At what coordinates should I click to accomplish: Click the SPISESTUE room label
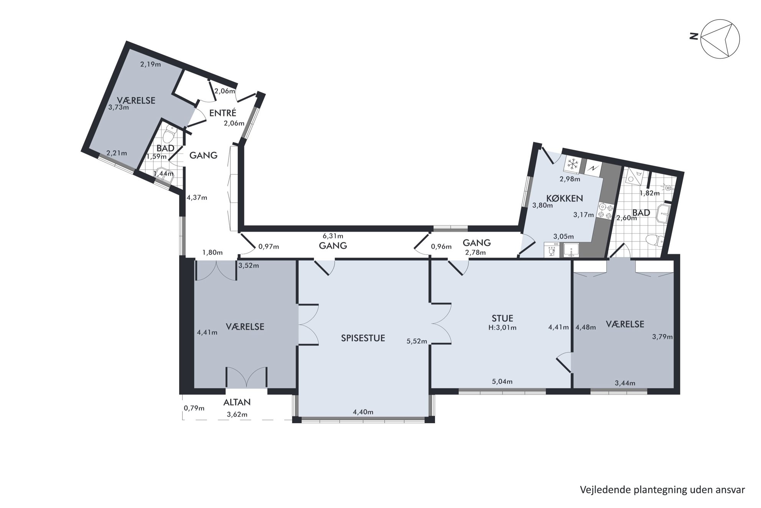pyautogui.click(x=363, y=338)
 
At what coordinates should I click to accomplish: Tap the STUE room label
pyautogui.click(x=502, y=318)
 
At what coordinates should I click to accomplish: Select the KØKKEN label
pyautogui.click(x=564, y=198)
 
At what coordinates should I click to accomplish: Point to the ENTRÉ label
pyautogui.click(x=222, y=113)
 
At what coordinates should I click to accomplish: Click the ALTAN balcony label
pyautogui.click(x=237, y=402)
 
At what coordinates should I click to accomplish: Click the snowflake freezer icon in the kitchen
pyautogui.click(x=573, y=164)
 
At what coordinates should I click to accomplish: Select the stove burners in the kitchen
pyautogui.click(x=605, y=211)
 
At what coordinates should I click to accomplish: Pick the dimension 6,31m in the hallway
pyautogui.click(x=333, y=236)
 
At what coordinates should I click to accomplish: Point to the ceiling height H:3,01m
pyautogui.click(x=502, y=328)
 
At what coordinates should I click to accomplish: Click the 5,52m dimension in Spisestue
pyautogui.click(x=417, y=341)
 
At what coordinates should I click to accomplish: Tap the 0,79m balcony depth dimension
pyautogui.click(x=194, y=408)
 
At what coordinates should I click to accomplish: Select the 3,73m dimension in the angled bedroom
pyautogui.click(x=119, y=108)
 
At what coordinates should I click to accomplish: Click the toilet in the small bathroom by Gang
pyautogui.click(x=169, y=135)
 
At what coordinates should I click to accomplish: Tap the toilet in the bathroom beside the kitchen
pyautogui.click(x=654, y=240)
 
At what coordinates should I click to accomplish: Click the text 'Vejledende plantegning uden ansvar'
pyautogui.click(x=662, y=490)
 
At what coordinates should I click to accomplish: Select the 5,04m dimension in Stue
pyautogui.click(x=502, y=382)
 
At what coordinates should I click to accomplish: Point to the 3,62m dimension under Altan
pyautogui.click(x=237, y=414)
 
